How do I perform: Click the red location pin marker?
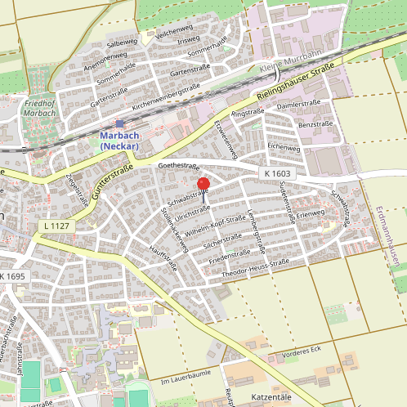(x=203, y=184)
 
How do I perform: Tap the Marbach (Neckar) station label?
(x=119, y=140)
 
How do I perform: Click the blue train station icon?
(x=119, y=123)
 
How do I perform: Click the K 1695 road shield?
(x=13, y=278)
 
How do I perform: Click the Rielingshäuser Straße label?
(x=294, y=82)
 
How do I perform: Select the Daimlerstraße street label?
(x=297, y=105)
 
